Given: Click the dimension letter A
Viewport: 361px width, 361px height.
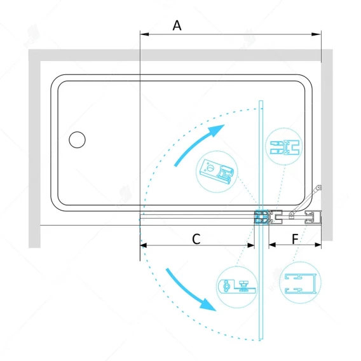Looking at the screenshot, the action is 177,25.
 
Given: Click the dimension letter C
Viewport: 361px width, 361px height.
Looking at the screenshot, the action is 196,239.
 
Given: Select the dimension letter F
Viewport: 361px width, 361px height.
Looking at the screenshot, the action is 295,239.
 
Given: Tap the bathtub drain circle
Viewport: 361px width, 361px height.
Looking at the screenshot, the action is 77,140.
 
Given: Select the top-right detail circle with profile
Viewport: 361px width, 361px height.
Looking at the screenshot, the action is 284,147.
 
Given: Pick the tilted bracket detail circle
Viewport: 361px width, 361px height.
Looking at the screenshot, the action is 217,172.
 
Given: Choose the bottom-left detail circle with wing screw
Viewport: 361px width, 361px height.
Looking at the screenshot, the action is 237,287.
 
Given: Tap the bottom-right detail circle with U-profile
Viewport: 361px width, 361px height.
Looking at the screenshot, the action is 300,283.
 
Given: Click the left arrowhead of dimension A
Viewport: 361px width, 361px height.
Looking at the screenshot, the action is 144,34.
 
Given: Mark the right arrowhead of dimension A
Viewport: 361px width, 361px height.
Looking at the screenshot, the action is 317,34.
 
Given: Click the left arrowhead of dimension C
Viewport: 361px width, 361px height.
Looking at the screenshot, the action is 144,245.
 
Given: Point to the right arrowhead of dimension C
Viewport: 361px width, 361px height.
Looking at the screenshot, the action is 250,245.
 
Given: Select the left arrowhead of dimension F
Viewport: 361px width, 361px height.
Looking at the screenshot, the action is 273,245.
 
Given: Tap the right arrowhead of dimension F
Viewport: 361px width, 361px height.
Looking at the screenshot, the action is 318,245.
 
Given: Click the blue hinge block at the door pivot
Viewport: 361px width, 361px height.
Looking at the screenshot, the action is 261,217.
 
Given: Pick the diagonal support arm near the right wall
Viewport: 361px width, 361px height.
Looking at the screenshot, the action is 305,200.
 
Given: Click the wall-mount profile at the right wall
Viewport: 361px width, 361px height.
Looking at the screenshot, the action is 313,217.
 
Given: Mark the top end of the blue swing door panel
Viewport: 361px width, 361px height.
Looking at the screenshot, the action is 261,101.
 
